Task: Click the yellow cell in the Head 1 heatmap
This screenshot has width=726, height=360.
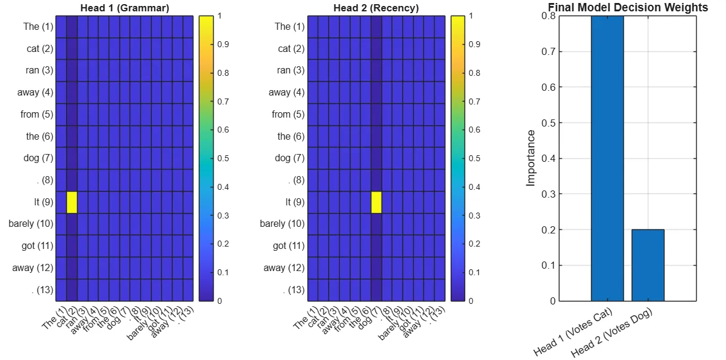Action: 72,202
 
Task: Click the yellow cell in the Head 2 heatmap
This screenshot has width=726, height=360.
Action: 376,202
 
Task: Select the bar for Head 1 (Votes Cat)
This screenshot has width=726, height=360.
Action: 607,158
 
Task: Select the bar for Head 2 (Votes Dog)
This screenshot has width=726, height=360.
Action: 648,265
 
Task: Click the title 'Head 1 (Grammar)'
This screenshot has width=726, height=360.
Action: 124,8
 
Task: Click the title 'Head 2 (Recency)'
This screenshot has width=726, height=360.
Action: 376,8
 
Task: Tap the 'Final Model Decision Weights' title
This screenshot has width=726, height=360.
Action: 627,8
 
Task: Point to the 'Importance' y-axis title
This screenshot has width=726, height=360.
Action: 531,158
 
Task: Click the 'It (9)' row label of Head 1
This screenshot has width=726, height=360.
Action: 44,202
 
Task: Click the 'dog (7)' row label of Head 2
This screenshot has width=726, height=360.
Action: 290,158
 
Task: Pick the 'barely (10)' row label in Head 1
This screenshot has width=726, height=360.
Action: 31,224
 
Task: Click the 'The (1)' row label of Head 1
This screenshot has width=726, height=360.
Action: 39,26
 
